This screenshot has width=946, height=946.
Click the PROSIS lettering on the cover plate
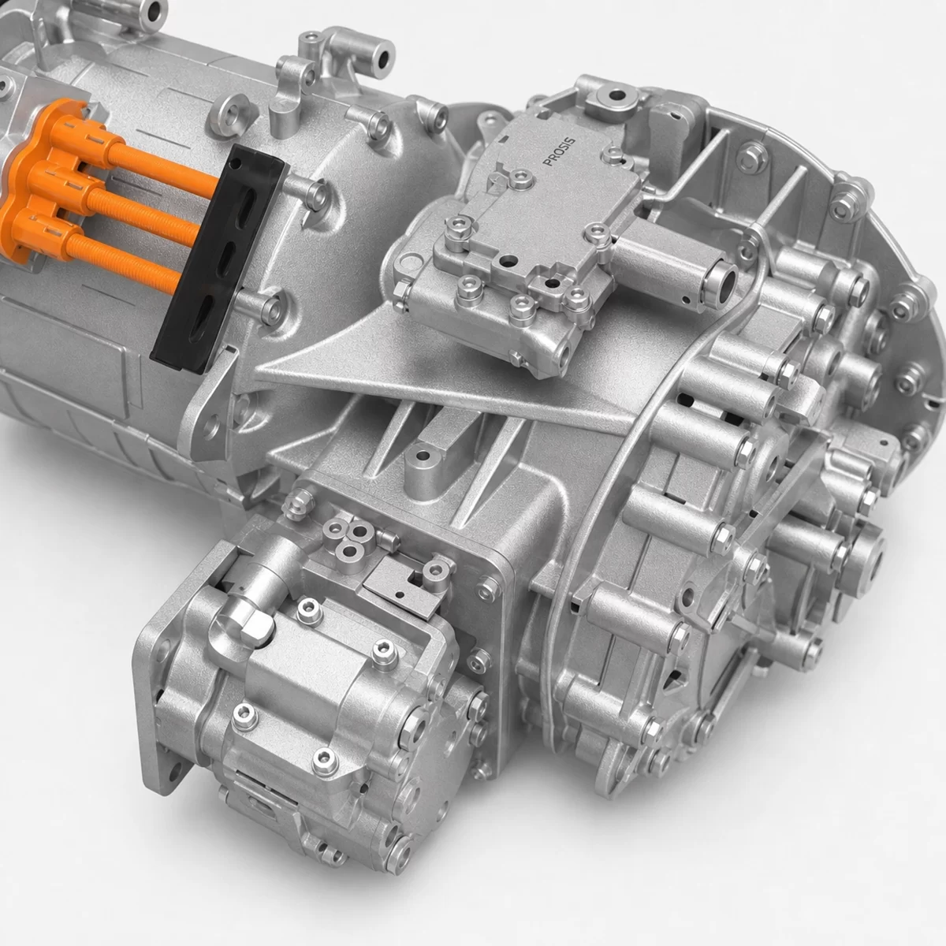pos(559,152)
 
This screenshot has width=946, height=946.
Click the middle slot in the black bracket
pos(229,255)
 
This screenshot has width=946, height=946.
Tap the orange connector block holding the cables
pos(47,192)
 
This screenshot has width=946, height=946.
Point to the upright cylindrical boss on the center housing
pos(421,468)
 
